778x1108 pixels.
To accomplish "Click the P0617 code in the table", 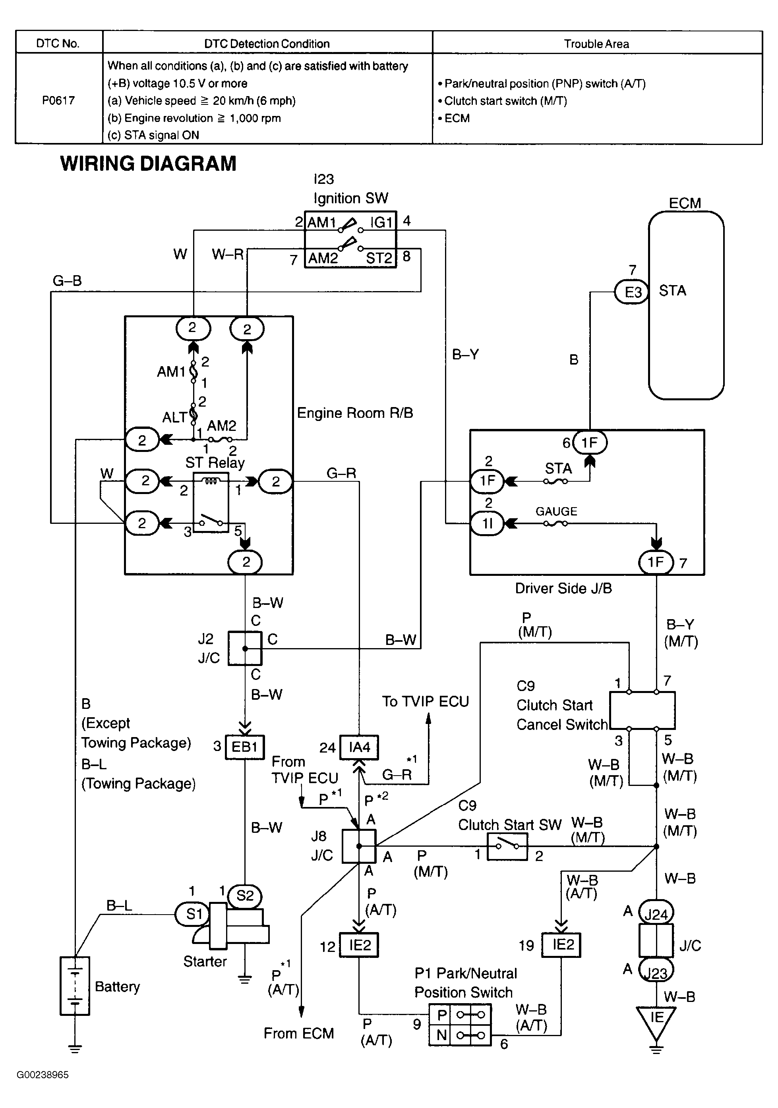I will (58, 100).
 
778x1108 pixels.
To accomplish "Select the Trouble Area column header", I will (596, 44).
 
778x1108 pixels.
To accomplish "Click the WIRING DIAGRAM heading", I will (148, 164).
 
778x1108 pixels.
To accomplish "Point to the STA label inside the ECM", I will (672, 291).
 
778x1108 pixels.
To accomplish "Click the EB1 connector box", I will (245, 747).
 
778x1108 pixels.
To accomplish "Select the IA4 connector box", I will (359, 747).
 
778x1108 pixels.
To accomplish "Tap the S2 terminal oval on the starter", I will (244, 896).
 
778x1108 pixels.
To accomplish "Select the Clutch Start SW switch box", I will (507, 846).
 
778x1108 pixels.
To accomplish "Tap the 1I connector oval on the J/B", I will (487, 523).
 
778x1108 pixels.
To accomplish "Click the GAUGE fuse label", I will (556, 512).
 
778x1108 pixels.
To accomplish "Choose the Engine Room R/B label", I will (355, 413).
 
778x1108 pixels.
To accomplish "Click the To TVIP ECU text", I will (426, 702).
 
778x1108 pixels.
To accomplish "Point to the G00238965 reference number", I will (43, 1075).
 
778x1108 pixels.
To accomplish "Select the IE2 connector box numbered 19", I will (561, 944).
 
